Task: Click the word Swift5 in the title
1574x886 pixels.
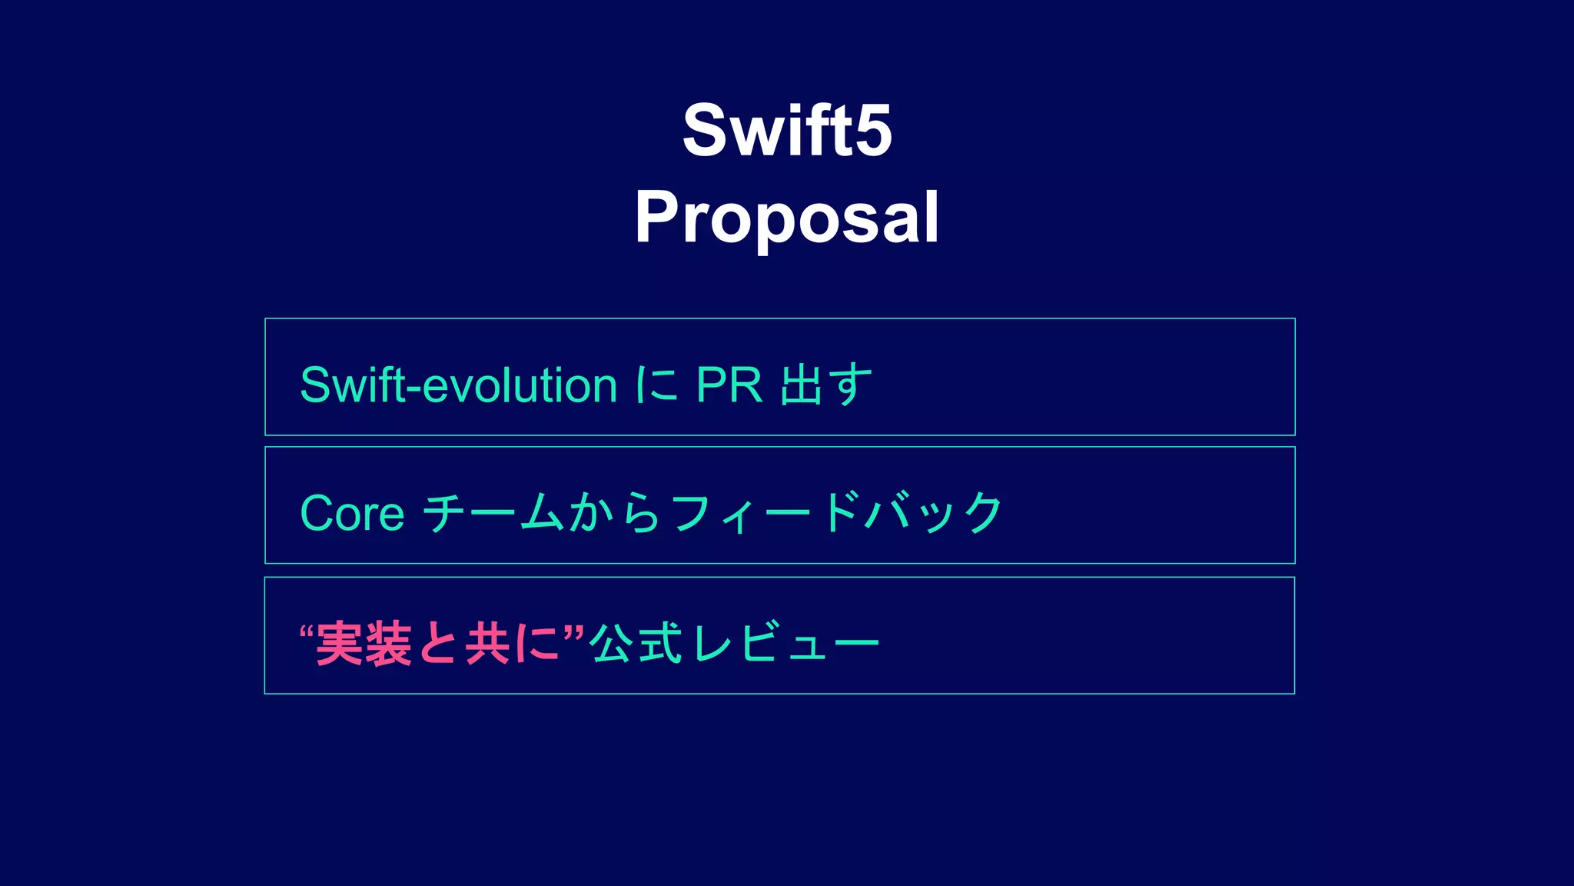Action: point(787,130)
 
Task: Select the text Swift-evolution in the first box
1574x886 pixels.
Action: point(458,385)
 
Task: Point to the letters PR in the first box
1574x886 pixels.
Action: point(729,385)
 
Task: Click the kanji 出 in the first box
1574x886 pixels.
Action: point(801,385)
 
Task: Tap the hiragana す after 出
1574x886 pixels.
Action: point(850,385)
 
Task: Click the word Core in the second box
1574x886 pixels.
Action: point(352,513)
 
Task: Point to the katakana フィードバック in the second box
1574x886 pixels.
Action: point(836,513)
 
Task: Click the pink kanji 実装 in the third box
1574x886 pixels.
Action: point(364,644)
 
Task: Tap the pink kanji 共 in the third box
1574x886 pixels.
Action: point(487,644)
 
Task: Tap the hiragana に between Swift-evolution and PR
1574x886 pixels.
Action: point(656,385)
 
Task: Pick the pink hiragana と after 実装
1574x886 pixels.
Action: point(438,644)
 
